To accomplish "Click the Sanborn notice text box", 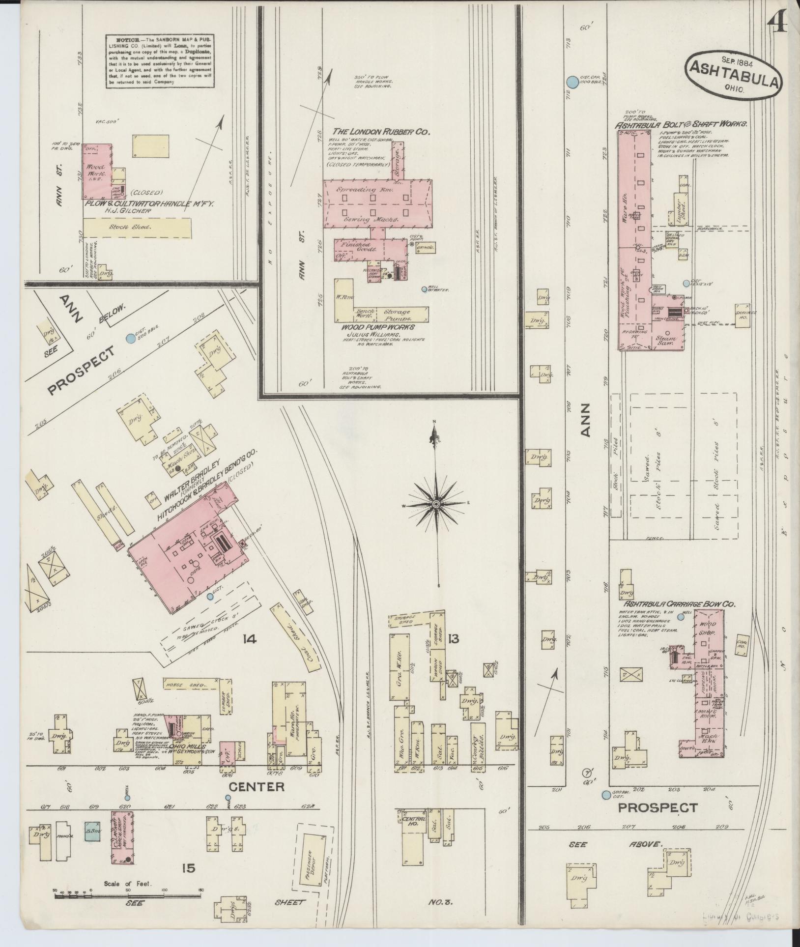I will coord(160,61).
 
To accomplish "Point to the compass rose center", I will coord(436,505).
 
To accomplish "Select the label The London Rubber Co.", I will coord(381,132).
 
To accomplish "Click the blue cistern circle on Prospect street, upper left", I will coord(130,338).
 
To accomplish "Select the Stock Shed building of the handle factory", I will coord(137,228).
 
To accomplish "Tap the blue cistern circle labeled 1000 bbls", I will coord(572,82).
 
